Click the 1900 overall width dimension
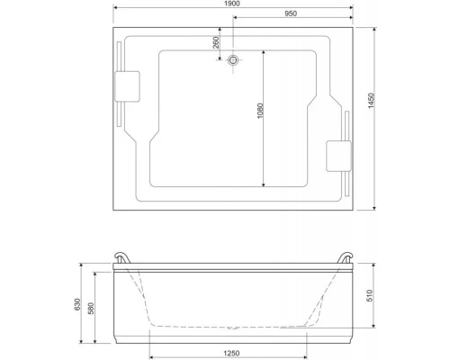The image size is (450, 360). tap(232, 4)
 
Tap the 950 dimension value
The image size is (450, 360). tap(291, 13)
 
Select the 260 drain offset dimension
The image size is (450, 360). tap(216, 42)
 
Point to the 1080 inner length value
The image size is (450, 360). tap(260, 111)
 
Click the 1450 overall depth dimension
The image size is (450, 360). tap(372, 101)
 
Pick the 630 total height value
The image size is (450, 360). tap(77, 304)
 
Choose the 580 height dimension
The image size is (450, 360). tap(91, 308)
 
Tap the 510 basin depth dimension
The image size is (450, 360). tap(370, 295)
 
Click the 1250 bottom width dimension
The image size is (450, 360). tap(231, 353)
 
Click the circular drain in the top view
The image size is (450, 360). tap(233, 60)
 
